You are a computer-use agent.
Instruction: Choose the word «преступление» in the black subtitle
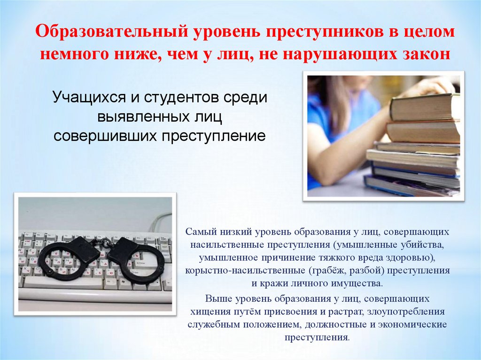click(x=214, y=136)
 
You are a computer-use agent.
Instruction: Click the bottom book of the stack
click(x=409, y=187)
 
